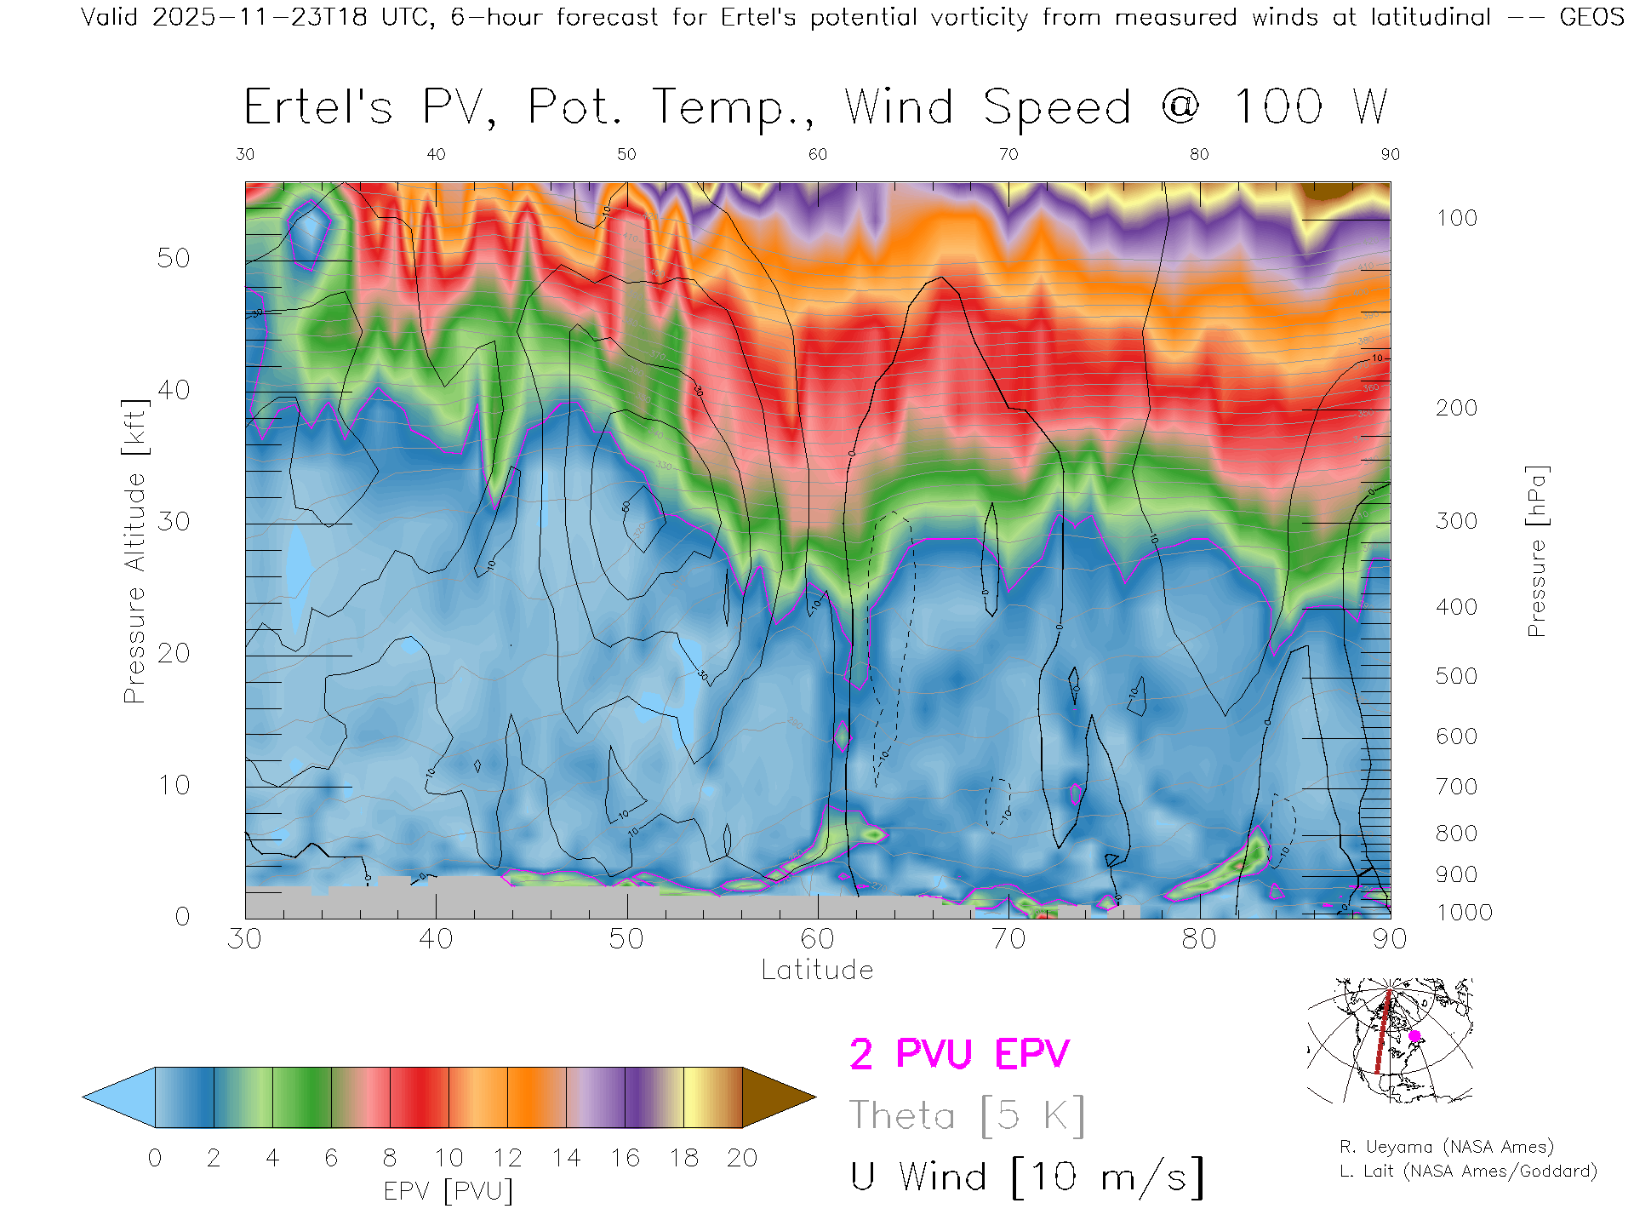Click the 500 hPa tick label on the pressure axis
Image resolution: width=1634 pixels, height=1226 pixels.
[x=1456, y=676]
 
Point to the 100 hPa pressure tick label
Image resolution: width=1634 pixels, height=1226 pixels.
[x=1456, y=218]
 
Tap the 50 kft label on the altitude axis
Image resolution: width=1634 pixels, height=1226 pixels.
[x=173, y=258]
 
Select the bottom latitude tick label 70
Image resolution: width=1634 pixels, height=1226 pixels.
[x=1008, y=938]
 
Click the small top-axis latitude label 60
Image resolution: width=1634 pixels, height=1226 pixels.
[x=817, y=154]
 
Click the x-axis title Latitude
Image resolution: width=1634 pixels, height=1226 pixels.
[x=817, y=970]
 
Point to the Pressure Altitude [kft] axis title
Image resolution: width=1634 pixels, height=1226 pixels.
[x=134, y=551]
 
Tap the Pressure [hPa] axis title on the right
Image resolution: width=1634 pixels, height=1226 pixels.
[x=1536, y=551]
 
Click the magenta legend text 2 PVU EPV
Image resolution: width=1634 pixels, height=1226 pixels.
[x=959, y=1054]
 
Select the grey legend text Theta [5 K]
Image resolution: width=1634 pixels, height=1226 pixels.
[x=967, y=1115]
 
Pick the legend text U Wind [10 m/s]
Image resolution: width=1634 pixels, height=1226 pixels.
[x=1026, y=1177]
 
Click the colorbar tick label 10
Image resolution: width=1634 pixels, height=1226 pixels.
[x=448, y=1158]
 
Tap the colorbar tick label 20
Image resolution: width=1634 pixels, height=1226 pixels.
[x=742, y=1158]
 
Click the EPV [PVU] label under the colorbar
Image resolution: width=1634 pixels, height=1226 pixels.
[x=448, y=1190]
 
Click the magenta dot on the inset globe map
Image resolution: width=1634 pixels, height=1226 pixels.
[x=1414, y=1036]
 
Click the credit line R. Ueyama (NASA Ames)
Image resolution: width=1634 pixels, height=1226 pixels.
[x=1446, y=1147]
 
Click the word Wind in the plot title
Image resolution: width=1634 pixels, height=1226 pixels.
[x=899, y=107]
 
